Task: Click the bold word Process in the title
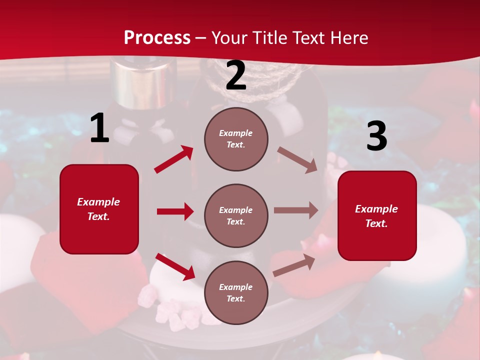(x=157, y=38)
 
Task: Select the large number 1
(x=99, y=128)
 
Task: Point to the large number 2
(x=236, y=76)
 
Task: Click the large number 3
(x=376, y=136)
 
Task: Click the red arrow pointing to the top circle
(x=174, y=159)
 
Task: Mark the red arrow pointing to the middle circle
(x=175, y=211)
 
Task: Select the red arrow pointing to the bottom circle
(x=175, y=266)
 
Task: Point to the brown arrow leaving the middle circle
(x=296, y=210)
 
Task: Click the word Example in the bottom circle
(x=235, y=287)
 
